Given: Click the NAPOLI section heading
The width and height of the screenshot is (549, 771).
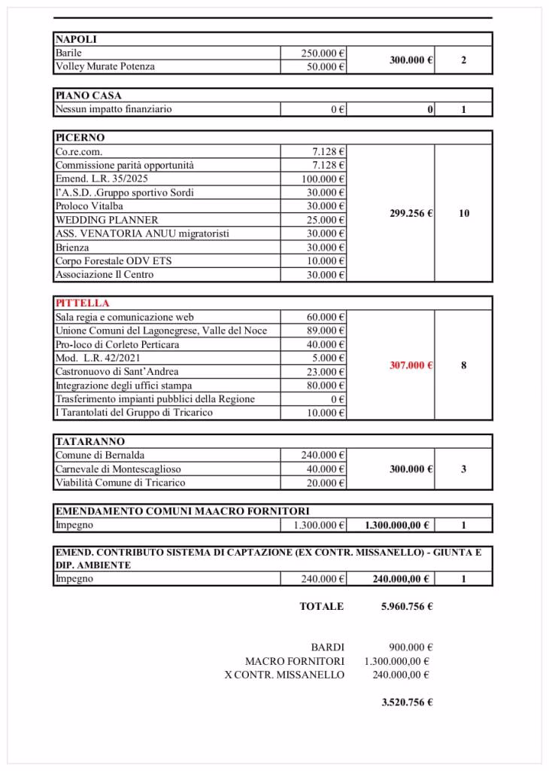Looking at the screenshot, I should [x=76, y=39].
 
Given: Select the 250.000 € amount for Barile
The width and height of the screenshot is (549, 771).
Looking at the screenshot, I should [x=323, y=53].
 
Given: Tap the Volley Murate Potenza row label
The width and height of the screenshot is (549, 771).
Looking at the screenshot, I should [x=105, y=67].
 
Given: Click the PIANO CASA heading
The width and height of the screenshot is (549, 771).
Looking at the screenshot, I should [x=88, y=96].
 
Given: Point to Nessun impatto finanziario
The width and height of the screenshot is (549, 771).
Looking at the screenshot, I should [x=113, y=109].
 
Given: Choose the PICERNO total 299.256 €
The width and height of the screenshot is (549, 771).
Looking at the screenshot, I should [x=411, y=213].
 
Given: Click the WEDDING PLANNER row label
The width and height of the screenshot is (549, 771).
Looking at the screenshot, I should [x=107, y=220].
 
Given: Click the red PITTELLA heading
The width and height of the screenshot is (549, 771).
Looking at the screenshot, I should [x=82, y=303].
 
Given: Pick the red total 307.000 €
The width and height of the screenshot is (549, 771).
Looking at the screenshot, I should [x=411, y=365].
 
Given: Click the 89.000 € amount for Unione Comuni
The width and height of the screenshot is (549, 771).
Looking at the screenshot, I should [x=326, y=331].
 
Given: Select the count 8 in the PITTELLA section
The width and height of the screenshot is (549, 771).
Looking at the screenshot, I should [x=463, y=365].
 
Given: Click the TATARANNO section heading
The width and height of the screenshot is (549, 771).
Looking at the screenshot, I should [x=89, y=441].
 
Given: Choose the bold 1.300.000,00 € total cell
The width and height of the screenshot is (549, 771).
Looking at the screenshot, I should [x=396, y=526].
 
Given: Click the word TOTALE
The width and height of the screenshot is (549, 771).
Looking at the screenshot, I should [x=321, y=606].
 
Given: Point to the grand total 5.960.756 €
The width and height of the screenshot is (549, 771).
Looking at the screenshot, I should [x=407, y=606].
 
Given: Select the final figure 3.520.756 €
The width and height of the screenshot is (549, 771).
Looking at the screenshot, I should [x=407, y=702].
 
